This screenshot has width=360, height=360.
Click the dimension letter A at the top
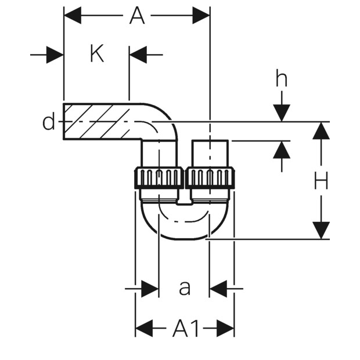[137, 16]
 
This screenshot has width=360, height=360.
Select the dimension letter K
[97, 55]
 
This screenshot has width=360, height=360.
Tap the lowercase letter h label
[282, 79]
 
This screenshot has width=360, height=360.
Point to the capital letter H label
[321, 181]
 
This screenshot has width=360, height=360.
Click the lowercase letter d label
[49, 122]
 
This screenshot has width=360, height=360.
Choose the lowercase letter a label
[185, 288]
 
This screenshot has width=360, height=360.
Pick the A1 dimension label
[185, 329]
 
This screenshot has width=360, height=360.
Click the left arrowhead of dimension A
[73, 15]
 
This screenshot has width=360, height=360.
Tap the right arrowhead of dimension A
[201, 15]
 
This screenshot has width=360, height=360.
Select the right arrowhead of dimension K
[138, 55]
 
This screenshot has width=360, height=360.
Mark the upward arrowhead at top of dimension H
[321, 131]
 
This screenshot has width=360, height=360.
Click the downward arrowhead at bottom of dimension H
[321, 231]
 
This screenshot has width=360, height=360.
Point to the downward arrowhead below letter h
[282, 113]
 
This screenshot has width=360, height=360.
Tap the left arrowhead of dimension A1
[144, 328]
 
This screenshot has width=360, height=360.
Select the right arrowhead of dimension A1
[225, 328]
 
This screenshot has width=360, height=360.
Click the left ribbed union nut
[159, 178]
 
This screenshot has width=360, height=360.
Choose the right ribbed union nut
[211, 178]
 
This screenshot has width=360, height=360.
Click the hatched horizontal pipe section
[96, 121]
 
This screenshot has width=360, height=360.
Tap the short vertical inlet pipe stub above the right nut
[210, 154]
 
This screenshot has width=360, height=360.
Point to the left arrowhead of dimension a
[150, 289]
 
